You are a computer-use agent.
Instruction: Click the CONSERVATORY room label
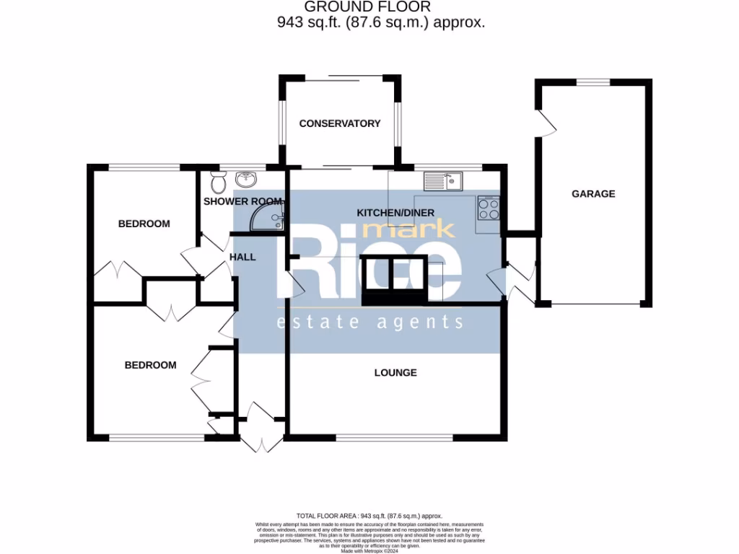339,123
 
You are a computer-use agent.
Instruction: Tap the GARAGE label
593,193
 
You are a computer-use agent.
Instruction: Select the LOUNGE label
395,373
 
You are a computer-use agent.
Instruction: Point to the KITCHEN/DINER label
395,213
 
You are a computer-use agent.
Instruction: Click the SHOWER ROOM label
242,201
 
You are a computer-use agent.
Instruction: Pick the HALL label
242,257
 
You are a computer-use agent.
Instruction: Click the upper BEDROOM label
144,224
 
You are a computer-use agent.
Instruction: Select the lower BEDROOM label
150,365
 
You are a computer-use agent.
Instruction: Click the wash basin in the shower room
246,177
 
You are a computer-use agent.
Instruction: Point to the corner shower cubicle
270,217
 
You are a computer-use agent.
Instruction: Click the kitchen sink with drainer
443,181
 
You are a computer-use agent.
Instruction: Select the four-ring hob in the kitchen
489,208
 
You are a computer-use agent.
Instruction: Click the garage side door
546,123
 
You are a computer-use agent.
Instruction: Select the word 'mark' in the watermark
408,229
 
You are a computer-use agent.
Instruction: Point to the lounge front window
395,437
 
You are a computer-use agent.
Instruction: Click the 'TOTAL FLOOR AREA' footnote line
369,516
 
